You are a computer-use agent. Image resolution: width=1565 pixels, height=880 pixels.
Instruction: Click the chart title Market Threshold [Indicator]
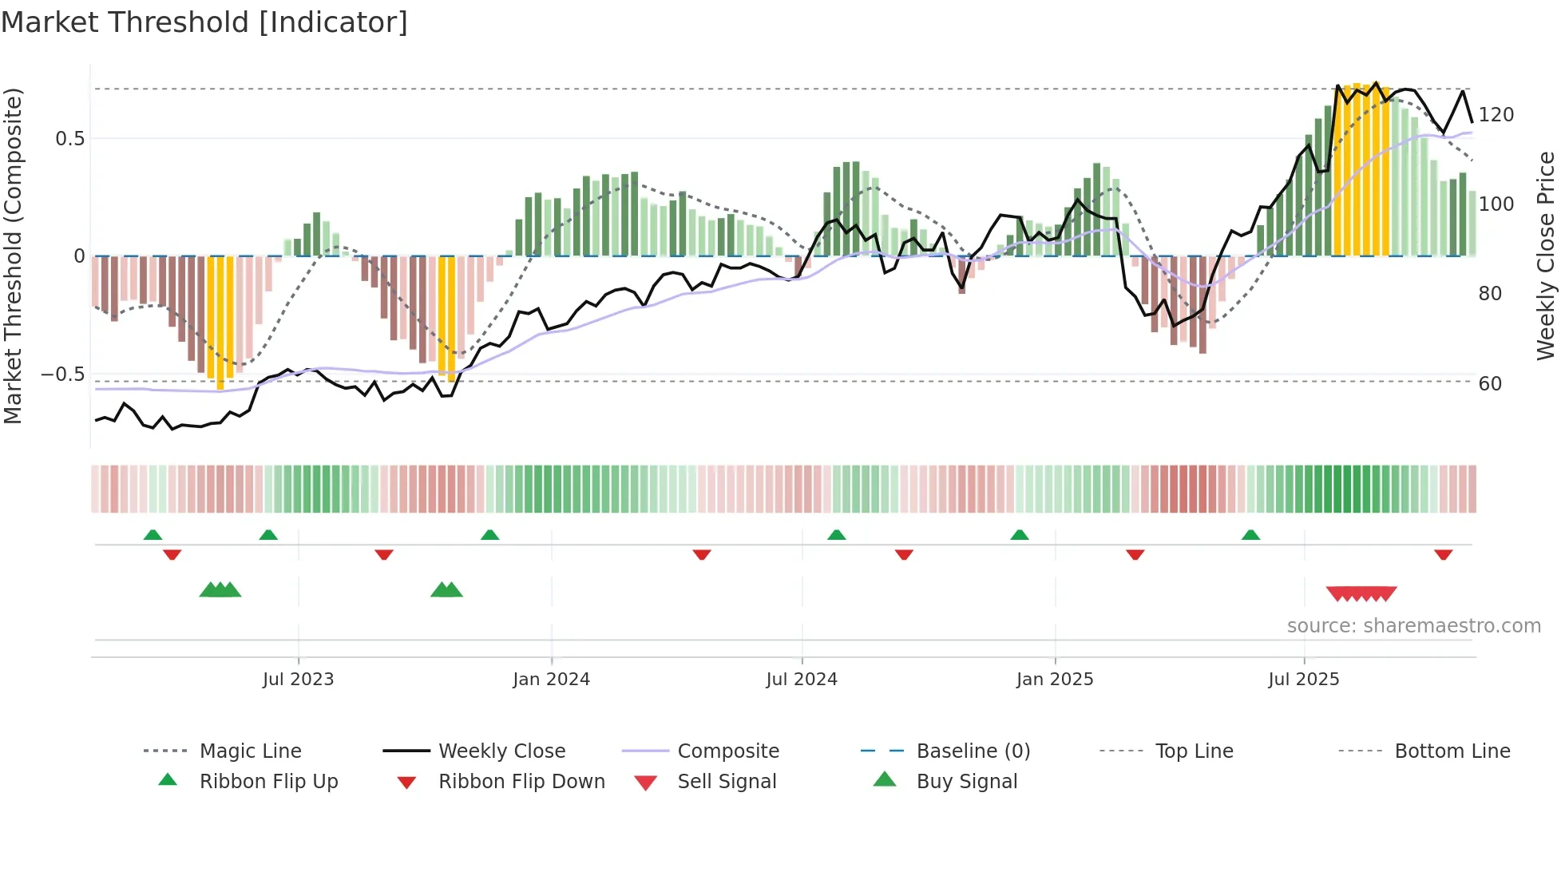pyautogui.click(x=204, y=22)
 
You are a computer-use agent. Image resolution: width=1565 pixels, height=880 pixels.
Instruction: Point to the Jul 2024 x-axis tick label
pyautogui.click(x=802, y=680)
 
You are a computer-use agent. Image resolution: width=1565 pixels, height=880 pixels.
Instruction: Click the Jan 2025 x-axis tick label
pyautogui.click(x=1055, y=680)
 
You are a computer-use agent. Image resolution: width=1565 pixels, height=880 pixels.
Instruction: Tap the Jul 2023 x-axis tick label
pyautogui.click(x=298, y=680)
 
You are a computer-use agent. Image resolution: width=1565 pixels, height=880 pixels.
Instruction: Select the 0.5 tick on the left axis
pyautogui.click(x=69, y=139)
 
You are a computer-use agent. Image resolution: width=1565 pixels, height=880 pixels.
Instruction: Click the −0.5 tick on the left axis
pyautogui.click(x=63, y=375)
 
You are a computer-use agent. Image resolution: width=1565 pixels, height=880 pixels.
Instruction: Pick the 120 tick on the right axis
pyautogui.click(x=1496, y=115)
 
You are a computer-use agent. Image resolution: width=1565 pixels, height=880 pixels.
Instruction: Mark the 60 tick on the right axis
pyautogui.click(x=1490, y=384)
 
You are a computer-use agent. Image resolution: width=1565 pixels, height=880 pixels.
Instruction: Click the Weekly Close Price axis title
pyautogui.click(x=1546, y=256)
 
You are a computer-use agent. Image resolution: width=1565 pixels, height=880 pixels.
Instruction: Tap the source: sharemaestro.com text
pyautogui.click(x=1413, y=626)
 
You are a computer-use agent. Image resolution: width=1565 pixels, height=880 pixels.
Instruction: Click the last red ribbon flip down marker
pyautogui.click(x=1443, y=555)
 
